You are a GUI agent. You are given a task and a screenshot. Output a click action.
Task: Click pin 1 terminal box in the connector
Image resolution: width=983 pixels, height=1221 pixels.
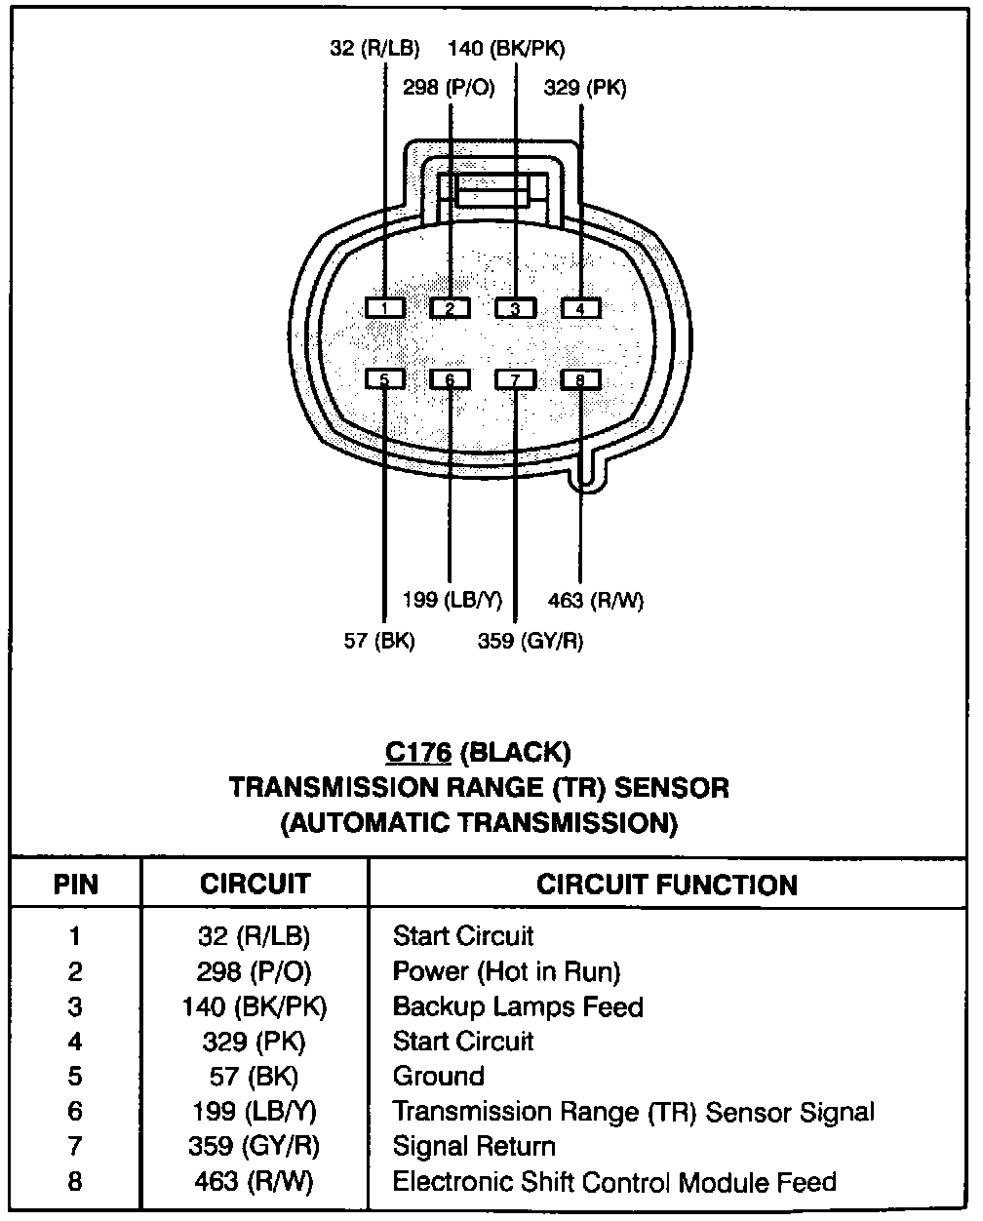[385, 308]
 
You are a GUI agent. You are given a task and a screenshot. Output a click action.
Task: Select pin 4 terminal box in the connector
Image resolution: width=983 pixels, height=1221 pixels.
[580, 308]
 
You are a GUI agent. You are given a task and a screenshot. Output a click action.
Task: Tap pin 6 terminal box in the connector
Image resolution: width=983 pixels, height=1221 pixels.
[450, 379]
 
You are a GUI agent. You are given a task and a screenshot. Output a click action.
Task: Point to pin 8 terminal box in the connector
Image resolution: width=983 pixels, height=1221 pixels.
[580, 379]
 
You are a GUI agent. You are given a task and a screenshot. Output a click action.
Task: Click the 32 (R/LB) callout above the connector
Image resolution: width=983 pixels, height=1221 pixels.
[374, 49]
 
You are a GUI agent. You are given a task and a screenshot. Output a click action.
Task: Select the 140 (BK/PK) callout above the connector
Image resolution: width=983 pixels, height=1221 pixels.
[505, 49]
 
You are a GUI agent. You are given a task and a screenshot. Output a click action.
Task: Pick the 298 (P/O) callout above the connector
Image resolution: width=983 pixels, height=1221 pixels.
[449, 88]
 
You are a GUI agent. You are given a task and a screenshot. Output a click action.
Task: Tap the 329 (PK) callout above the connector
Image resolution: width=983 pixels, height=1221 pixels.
[585, 88]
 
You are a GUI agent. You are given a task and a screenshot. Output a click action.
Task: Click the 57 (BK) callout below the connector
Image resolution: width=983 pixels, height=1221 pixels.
[379, 641]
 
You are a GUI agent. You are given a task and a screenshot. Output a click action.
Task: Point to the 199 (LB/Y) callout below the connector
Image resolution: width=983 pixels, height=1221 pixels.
[452, 600]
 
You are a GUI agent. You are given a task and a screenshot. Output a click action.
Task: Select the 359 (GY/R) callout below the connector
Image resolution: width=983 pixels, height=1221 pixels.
[530, 641]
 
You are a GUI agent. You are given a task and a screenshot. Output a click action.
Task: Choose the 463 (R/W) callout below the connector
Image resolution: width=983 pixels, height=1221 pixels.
[595, 600]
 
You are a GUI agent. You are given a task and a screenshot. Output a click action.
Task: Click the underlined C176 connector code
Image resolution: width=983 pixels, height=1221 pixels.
[417, 752]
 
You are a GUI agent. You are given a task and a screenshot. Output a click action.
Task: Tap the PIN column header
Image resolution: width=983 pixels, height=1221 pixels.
[75, 885]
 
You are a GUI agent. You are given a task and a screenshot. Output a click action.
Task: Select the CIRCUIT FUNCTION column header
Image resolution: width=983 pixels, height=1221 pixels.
[666, 885]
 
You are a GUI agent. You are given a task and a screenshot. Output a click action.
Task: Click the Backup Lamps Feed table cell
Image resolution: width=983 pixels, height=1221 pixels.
[517, 1006]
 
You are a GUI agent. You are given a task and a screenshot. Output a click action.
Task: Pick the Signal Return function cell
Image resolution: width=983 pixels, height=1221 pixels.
[473, 1147]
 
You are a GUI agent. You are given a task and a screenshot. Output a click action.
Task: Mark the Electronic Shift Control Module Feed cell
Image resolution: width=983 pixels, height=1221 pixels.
[613, 1182]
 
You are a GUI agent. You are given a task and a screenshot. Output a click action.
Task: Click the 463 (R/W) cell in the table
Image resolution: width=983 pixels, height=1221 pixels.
[254, 1182]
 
